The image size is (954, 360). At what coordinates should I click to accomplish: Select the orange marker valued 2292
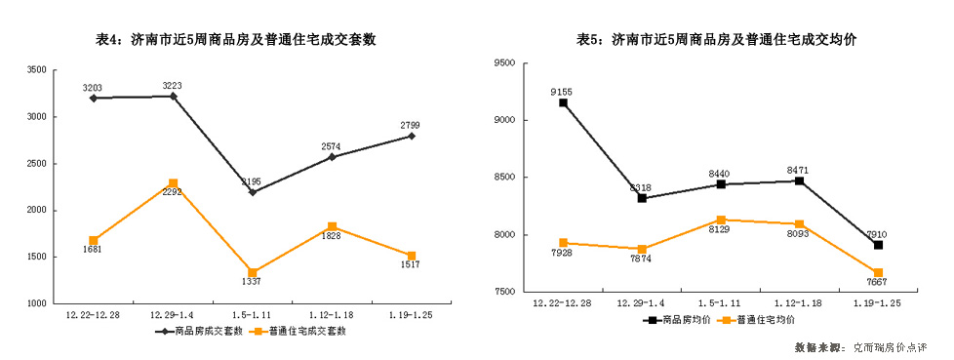click(x=173, y=183)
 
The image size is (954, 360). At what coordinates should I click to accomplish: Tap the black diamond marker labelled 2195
click(x=253, y=192)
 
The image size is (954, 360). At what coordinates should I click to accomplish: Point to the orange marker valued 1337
click(x=253, y=272)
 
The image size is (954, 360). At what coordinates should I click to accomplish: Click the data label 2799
click(x=411, y=125)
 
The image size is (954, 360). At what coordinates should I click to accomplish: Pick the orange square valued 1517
click(x=412, y=256)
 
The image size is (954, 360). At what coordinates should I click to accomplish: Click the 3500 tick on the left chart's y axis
click(x=36, y=70)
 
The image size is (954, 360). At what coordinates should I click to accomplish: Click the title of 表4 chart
click(x=234, y=40)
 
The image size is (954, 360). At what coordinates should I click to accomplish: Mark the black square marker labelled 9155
click(x=563, y=102)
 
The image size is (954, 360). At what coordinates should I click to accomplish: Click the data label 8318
click(x=641, y=187)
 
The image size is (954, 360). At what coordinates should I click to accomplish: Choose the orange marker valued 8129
click(x=721, y=220)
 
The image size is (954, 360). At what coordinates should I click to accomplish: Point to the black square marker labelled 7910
click(x=879, y=245)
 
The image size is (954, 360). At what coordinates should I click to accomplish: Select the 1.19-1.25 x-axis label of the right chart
click(x=878, y=304)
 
